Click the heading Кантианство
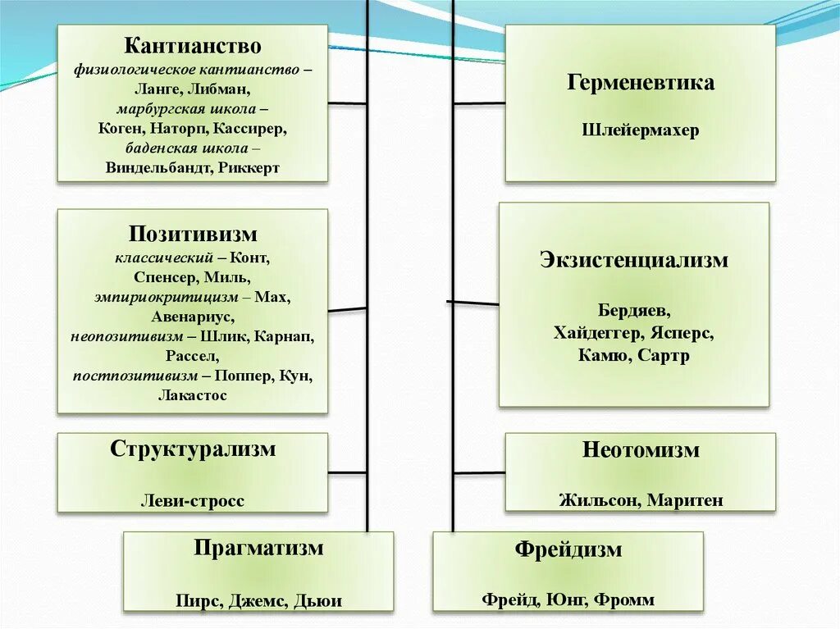[193, 46]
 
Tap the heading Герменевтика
[640, 83]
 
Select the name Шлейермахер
[640, 130]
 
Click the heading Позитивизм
[193, 235]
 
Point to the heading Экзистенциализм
[634, 261]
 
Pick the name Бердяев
[634, 312]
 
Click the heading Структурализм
[193, 449]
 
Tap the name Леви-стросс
[193, 500]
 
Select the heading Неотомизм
[641, 450]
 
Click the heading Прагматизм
[258, 548]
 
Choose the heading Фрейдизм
[568, 549]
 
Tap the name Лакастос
[193, 395]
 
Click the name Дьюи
[317, 600]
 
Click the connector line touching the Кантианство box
[347, 103]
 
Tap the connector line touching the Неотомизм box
[479, 473]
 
